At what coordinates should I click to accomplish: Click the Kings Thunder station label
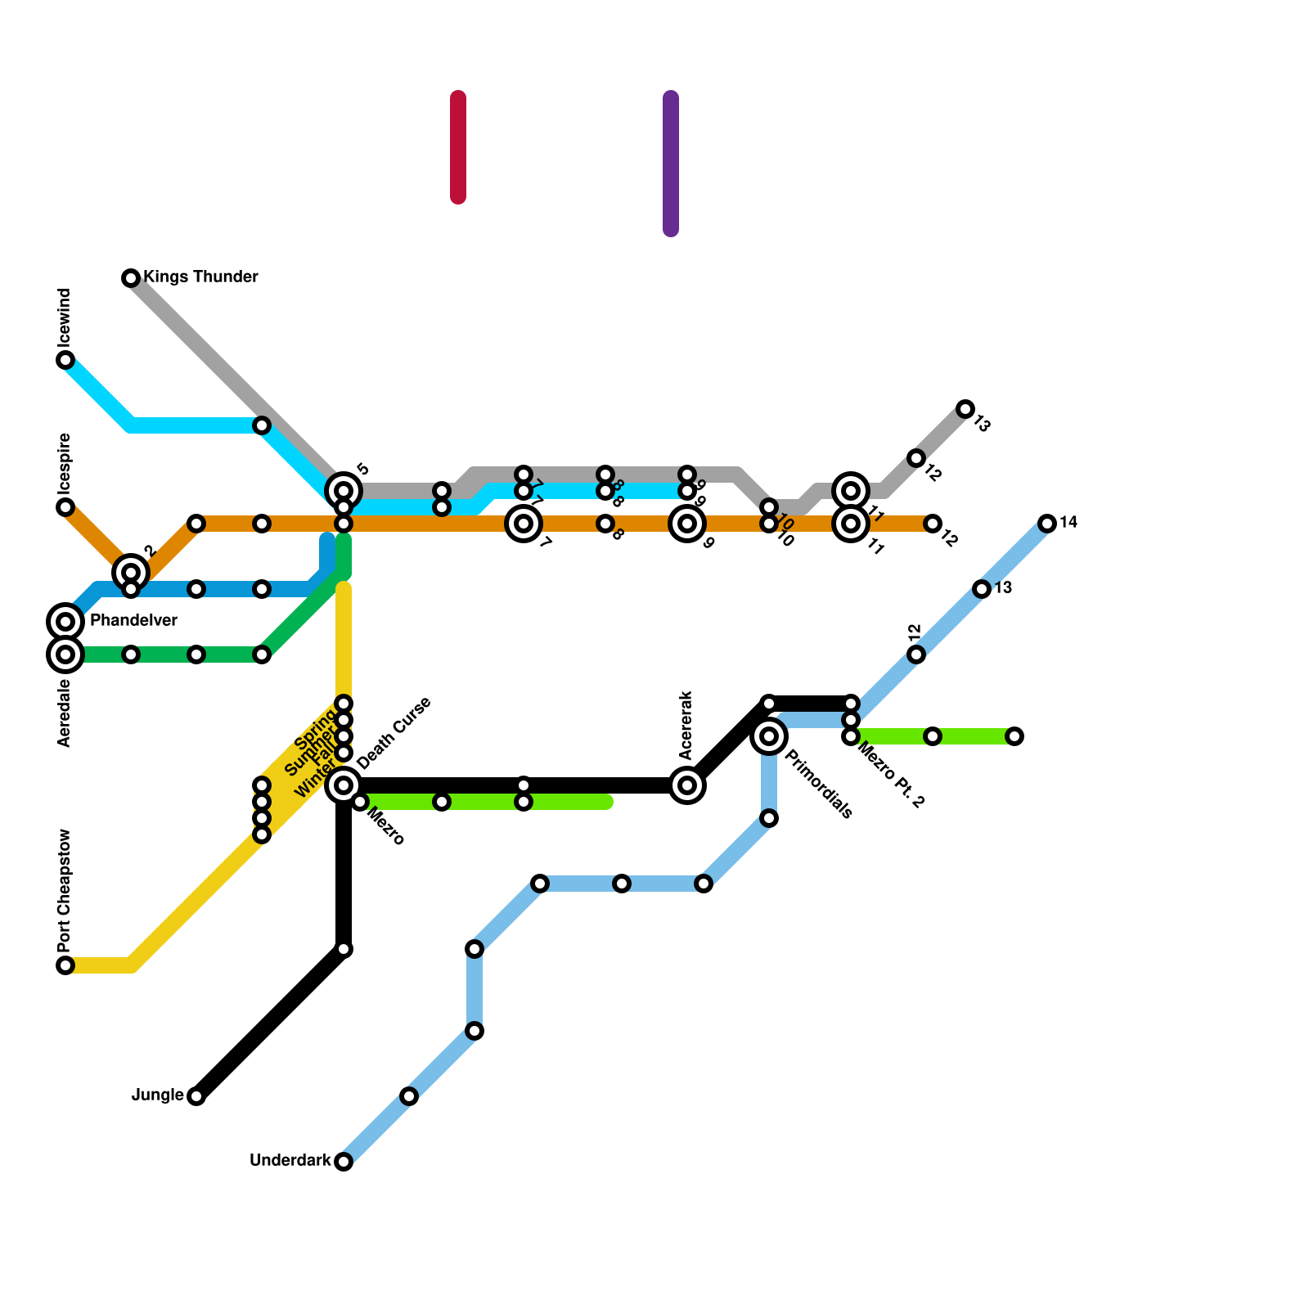[x=200, y=277]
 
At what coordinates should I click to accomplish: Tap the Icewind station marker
[x=65, y=360]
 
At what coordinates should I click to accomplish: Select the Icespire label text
[x=65, y=461]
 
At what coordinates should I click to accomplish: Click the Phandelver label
[x=133, y=621]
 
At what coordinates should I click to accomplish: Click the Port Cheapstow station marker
[x=65, y=965]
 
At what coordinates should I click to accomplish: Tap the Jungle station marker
[x=196, y=1096]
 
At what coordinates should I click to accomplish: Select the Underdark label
[x=290, y=1161]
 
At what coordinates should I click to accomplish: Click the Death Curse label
[x=394, y=733]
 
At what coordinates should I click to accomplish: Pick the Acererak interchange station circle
[x=688, y=785]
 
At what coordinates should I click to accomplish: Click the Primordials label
[x=818, y=784]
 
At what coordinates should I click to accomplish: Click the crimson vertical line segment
[x=458, y=147]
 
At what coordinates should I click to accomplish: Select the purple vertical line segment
[x=671, y=164]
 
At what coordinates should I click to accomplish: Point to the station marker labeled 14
[x=1047, y=524]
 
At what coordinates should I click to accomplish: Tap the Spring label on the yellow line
[x=315, y=730]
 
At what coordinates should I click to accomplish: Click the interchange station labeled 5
[x=344, y=491]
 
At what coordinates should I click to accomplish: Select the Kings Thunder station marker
[x=131, y=278]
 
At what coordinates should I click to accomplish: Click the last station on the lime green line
[x=1014, y=736]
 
